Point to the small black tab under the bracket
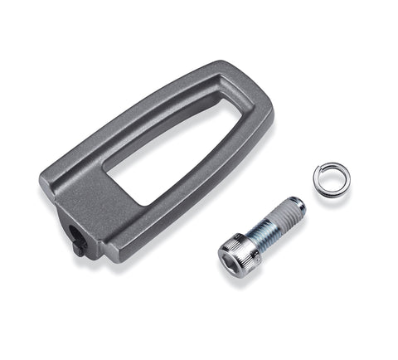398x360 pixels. click(x=78, y=246)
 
